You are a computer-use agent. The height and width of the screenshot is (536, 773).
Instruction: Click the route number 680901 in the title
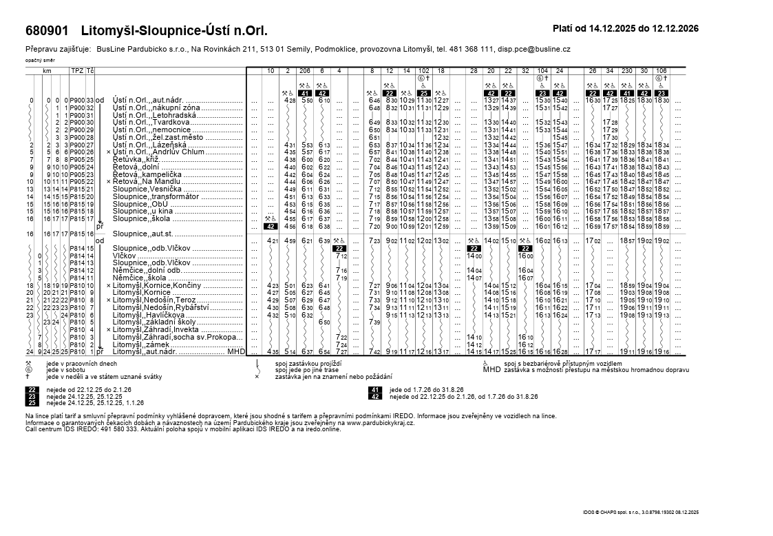tap(47, 31)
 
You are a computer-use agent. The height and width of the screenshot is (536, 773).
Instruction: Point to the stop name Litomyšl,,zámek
tap(140, 344)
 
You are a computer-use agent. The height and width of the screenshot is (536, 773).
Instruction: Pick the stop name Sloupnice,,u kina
tap(142, 211)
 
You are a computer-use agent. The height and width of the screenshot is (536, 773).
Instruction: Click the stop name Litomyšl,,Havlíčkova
tap(147, 315)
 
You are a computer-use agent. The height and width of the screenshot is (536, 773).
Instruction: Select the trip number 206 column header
tap(305, 71)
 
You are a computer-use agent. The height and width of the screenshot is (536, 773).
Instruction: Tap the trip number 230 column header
tap(626, 71)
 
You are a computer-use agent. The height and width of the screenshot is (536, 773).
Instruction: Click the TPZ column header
tap(77, 71)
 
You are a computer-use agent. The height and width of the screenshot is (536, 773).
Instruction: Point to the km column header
tap(47, 71)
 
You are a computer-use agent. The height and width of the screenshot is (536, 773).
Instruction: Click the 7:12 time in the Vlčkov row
tap(341, 256)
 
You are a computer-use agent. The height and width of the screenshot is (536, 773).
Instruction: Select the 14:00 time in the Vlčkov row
tap(474, 256)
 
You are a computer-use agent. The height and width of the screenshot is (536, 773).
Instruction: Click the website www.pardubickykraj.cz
tap(376, 422)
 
